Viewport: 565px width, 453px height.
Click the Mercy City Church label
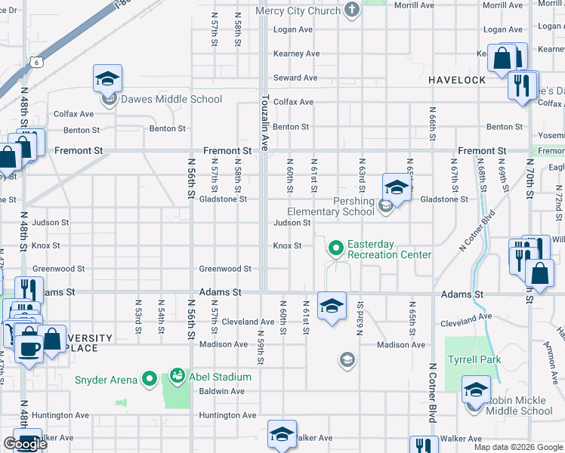tap(298, 11)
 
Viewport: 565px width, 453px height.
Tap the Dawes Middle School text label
tap(171, 99)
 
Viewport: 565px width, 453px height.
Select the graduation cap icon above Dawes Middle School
tap(108, 78)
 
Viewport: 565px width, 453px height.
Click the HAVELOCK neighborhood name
tap(457, 80)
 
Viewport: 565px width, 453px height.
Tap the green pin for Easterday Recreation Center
tap(335, 247)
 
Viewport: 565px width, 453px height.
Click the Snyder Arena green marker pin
tap(150, 378)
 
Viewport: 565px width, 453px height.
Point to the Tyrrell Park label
tap(474, 359)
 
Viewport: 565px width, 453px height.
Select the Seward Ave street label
tap(295, 78)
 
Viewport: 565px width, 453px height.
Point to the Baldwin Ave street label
tap(221, 391)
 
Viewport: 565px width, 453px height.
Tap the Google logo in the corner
tap(25, 444)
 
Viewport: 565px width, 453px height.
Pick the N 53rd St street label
tap(139, 316)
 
